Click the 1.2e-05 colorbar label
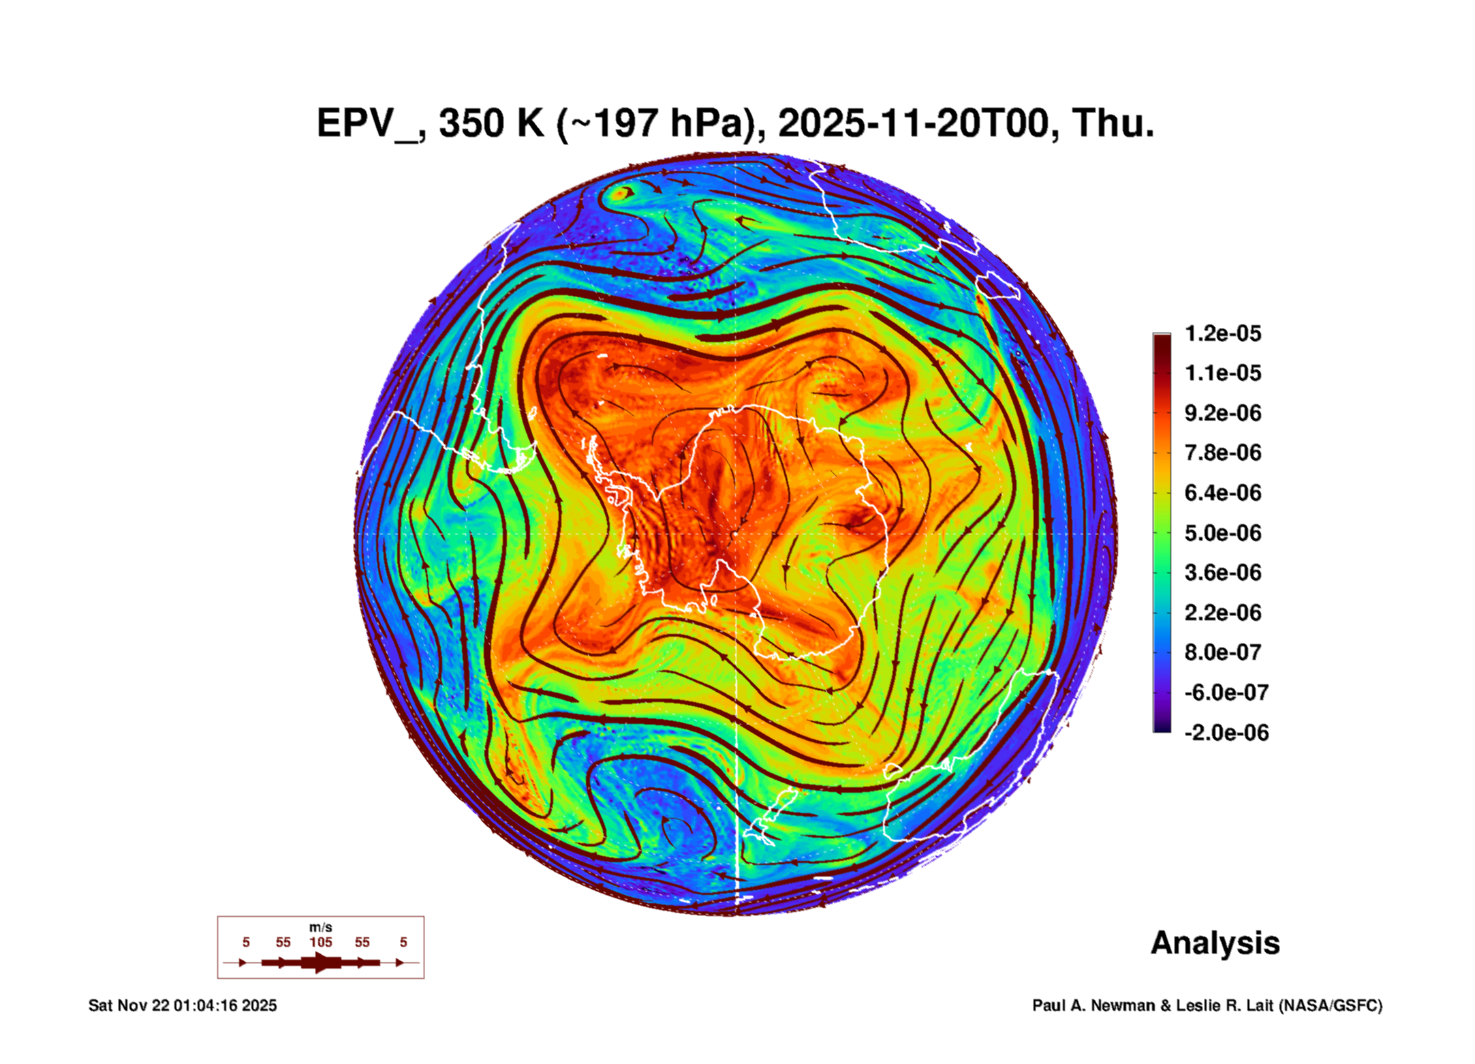click(x=1222, y=333)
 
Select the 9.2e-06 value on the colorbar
click(x=1222, y=413)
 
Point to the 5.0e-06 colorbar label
click(x=1222, y=533)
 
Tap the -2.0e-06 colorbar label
click(x=1226, y=733)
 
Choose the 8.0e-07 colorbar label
click(x=1222, y=652)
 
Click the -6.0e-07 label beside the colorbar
click(x=1226, y=693)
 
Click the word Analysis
click(x=1215, y=943)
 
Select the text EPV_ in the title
click(x=368, y=124)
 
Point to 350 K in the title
click(x=491, y=124)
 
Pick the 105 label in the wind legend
click(x=321, y=942)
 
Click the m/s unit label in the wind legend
click(x=321, y=927)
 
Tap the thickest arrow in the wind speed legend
click(x=321, y=962)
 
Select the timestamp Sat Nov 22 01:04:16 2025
click(x=183, y=1005)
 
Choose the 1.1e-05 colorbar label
click(x=1222, y=374)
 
